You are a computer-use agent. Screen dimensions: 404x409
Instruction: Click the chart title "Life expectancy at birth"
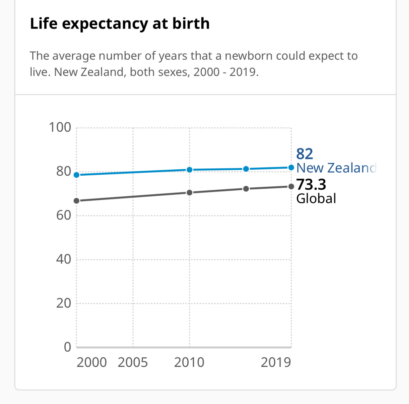click(120, 24)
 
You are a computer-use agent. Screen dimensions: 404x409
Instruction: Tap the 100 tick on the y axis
click(60, 127)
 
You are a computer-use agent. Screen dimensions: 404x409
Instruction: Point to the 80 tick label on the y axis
click(63, 171)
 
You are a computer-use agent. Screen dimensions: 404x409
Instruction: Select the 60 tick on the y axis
click(63, 215)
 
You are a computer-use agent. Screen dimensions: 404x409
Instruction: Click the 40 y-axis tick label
click(63, 259)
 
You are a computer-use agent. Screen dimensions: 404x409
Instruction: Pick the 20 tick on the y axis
click(63, 303)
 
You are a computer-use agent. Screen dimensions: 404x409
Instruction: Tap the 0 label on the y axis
click(68, 347)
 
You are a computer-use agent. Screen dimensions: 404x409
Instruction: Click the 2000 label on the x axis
click(92, 362)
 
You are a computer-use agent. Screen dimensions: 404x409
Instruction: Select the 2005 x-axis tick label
click(133, 362)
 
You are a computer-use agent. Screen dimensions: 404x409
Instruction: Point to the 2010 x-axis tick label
click(189, 362)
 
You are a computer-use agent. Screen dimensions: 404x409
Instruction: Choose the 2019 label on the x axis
click(276, 362)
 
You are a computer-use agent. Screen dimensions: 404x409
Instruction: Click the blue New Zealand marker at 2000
click(76, 175)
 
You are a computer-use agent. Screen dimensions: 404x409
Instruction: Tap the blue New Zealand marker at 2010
click(190, 170)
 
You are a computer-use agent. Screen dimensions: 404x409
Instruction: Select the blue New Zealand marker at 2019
click(291, 167)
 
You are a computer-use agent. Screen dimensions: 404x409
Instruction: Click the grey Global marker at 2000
click(76, 201)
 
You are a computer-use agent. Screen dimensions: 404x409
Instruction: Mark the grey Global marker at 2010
click(190, 192)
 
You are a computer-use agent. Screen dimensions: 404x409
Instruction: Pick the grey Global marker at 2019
click(291, 186)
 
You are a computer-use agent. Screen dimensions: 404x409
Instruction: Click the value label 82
click(304, 154)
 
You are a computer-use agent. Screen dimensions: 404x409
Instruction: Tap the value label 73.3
click(311, 185)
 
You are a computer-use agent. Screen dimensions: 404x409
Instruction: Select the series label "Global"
click(316, 199)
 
